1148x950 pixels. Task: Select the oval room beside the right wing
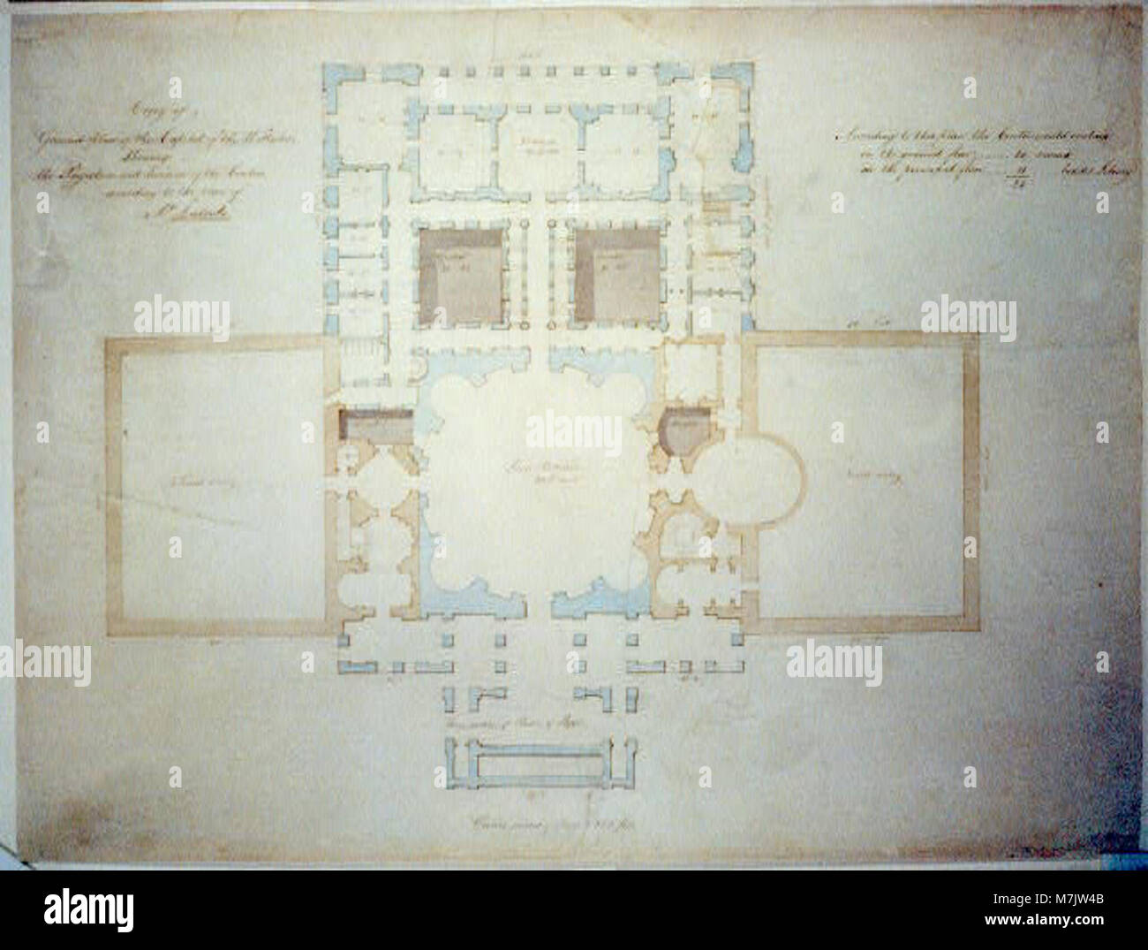tap(756, 478)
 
